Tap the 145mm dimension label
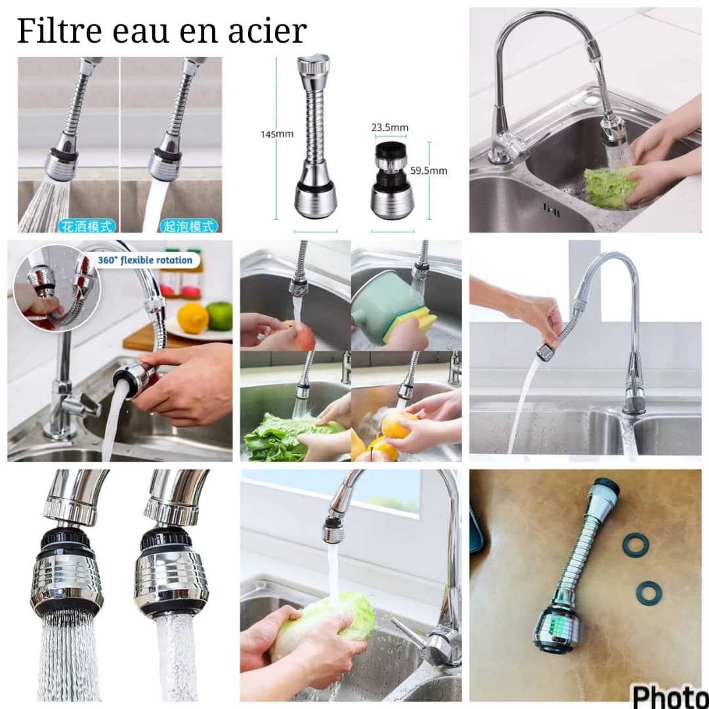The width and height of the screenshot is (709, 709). (276, 134)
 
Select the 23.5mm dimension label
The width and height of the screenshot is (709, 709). (389, 127)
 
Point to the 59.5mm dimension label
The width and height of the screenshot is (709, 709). (429, 171)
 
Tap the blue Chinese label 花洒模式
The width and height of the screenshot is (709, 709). (88, 226)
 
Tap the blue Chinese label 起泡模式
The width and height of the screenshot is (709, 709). (188, 226)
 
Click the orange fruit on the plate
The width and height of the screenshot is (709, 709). (193, 318)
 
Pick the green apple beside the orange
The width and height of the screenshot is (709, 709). (219, 316)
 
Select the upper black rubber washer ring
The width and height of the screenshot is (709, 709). (635, 545)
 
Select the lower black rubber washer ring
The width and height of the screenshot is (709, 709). (648, 593)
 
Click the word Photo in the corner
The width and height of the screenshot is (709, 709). (670, 695)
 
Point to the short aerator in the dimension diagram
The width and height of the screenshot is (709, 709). (392, 181)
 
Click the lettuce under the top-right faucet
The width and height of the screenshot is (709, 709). (611, 187)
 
